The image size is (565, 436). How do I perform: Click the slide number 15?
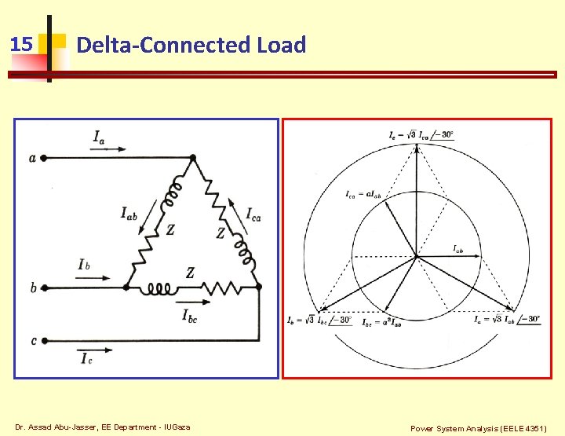[x=22, y=44]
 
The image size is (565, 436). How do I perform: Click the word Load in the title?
[x=281, y=46]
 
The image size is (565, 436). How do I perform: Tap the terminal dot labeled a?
[x=44, y=158]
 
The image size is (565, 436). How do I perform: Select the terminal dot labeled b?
[x=44, y=288]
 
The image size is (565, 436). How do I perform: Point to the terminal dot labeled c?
[x=44, y=341]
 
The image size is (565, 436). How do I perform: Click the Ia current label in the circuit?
[x=99, y=138]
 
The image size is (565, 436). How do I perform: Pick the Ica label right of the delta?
[x=254, y=214]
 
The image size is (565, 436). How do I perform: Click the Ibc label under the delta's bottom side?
[x=194, y=317]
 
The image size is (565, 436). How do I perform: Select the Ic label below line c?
[x=86, y=359]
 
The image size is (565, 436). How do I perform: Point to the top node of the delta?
[x=192, y=158]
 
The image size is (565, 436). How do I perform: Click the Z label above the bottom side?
[x=190, y=273]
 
